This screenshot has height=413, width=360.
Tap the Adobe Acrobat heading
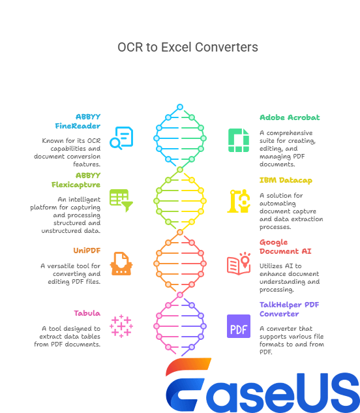tap(280, 117)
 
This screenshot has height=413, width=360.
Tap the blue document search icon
tap(122, 138)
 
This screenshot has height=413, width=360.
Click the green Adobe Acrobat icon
tap(238, 140)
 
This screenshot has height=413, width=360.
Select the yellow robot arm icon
tap(238, 201)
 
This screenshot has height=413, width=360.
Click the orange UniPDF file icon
tap(121, 264)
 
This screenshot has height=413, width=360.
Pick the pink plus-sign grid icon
tap(121, 326)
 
